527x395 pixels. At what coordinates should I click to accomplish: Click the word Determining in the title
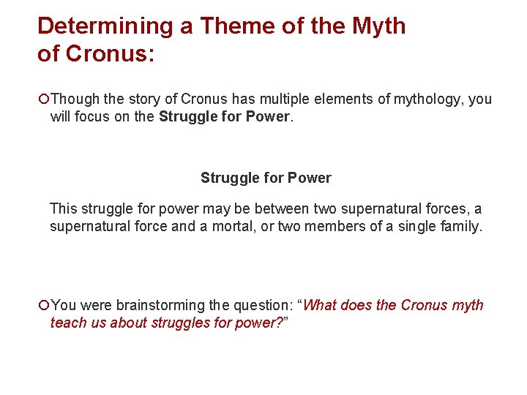pyautogui.click(x=105, y=26)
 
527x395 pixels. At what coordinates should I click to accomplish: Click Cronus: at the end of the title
pyautogui.click(x=110, y=54)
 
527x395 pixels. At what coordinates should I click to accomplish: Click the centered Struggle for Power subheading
pyautogui.click(x=266, y=178)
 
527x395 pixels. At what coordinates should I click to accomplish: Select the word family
pyautogui.click(x=460, y=227)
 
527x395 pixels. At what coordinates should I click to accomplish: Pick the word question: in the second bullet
pyautogui.click(x=262, y=305)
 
